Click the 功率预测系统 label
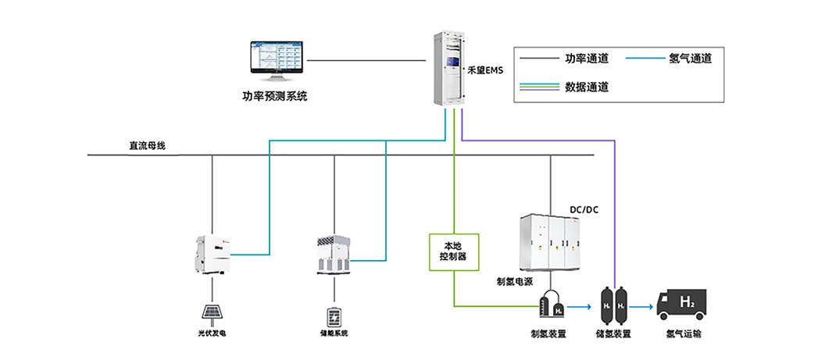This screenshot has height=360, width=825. click(x=275, y=97)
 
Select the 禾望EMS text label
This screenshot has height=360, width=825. click(x=484, y=70)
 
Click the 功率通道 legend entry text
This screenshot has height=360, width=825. click(x=587, y=58)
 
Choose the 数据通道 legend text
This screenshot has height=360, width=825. click(x=587, y=87)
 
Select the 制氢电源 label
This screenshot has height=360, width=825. click(x=515, y=280)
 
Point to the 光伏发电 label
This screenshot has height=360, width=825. click(x=211, y=333)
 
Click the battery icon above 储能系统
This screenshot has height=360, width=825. click(x=334, y=316)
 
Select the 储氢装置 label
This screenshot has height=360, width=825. click(x=612, y=334)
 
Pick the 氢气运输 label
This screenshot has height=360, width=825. click(x=683, y=334)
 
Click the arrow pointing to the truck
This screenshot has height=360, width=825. click(x=642, y=307)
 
